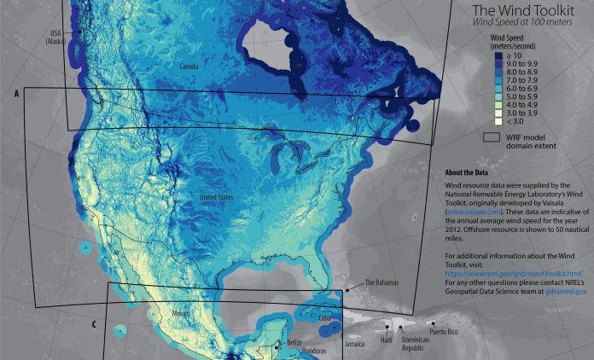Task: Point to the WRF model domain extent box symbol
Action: pos(492,136)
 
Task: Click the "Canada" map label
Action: pos(189,66)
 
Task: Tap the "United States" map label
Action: pos(217,198)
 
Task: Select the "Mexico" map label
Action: pos(181,314)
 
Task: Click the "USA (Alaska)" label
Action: pos(58,38)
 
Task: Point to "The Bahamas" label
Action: pos(381,282)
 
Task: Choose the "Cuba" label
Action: pos(323,317)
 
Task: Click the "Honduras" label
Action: pos(300,352)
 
